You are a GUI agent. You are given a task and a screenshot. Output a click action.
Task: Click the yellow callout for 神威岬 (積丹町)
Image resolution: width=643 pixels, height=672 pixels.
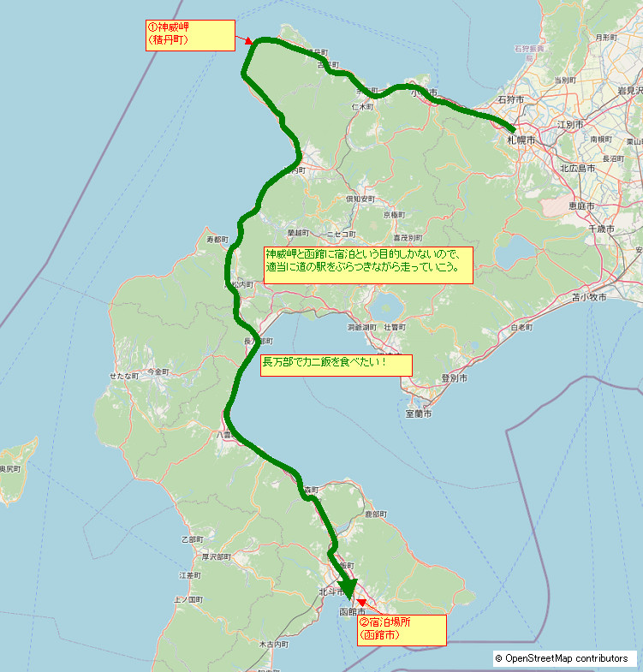click(190, 35)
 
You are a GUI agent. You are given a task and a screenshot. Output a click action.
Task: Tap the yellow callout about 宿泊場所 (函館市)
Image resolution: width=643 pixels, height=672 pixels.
click(402, 630)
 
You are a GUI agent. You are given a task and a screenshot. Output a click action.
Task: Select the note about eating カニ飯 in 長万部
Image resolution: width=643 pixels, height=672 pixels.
click(336, 365)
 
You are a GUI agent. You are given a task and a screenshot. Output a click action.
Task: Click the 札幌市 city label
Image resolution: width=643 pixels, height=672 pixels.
click(521, 139)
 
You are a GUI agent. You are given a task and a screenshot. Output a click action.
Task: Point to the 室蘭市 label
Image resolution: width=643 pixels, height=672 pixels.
click(418, 413)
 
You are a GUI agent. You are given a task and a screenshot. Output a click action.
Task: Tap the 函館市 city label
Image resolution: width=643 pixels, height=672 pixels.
click(352, 612)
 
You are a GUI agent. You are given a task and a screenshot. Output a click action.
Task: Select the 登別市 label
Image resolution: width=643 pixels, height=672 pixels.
click(454, 378)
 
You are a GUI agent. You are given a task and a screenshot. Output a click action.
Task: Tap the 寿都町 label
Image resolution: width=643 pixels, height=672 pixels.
click(217, 240)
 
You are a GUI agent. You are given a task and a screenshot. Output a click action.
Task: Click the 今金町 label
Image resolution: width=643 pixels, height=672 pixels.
click(159, 372)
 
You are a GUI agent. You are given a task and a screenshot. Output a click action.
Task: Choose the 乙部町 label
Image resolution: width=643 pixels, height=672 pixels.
click(193, 539)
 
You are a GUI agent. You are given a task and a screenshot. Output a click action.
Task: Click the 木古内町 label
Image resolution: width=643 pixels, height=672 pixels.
click(273, 643)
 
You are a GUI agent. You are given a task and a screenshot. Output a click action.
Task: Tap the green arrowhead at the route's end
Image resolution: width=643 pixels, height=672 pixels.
click(348, 592)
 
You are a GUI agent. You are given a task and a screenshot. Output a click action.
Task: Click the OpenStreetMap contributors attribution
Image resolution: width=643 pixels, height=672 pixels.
click(565, 658)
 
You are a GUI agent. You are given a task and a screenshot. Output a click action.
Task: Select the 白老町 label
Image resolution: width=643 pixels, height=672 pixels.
click(521, 328)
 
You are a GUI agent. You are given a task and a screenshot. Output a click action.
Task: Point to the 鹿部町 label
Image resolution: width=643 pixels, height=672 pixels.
click(377, 514)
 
